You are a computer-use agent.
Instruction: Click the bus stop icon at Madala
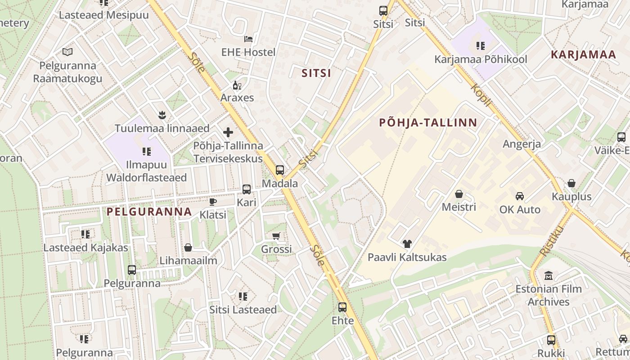[280, 170]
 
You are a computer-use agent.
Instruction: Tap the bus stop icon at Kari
[246, 189]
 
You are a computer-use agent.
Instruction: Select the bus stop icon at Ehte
[342, 307]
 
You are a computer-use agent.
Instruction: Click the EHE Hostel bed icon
[248, 39]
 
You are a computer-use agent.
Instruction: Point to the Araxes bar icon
[237, 85]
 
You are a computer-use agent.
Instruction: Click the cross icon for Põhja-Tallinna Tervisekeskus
[228, 132]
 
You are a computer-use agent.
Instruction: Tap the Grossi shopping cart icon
[276, 236]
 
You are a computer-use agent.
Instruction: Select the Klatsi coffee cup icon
[213, 202]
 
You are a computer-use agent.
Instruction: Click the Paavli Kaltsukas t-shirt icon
[407, 244]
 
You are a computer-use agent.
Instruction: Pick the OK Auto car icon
[520, 196]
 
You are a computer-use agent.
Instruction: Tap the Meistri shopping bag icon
[459, 194]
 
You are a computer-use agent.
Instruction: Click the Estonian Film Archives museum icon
[549, 275]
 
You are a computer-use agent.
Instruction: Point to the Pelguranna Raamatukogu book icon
[67, 52]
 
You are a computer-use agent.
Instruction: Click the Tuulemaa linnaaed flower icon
[162, 115]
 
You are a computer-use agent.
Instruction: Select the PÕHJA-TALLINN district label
[428, 122]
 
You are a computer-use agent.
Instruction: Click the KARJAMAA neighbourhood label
[583, 55]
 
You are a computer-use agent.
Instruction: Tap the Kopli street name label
[481, 95]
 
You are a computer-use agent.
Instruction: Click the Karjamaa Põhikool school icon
[481, 46]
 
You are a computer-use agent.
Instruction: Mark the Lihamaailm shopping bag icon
[188, 247]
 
